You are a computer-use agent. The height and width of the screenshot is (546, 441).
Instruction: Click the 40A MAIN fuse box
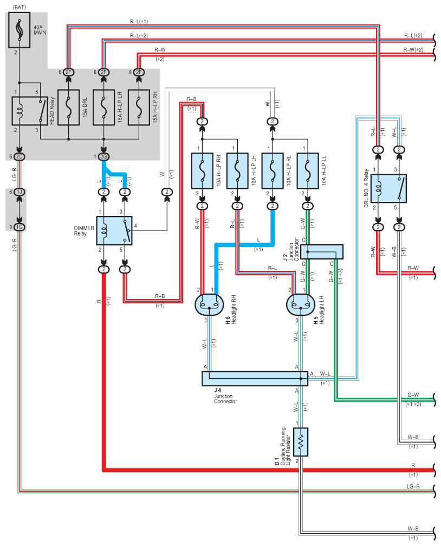[x=19, y=30]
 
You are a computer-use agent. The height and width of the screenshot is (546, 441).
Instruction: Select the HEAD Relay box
[x=30, y=111]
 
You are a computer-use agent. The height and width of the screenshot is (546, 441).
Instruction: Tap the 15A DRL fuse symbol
[x=68, y=107]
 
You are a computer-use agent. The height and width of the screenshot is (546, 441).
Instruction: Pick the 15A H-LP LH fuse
[x=103, y=107]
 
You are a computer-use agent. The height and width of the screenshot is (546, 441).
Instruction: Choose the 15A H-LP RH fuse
[x=139, y=107]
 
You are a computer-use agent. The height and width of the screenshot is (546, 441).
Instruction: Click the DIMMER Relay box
[x=114, y=231]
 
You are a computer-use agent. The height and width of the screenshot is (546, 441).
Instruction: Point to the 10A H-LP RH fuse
[x=202, y=170]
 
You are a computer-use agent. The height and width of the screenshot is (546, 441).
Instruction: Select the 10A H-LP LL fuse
[x=308, y=170]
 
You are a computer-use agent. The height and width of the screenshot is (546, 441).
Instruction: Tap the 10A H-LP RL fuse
[x=273, y=170]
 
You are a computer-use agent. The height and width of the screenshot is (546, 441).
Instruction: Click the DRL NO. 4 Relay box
[x=388, y=188]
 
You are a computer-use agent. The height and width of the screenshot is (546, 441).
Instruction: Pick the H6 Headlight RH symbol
[x=209, y=304]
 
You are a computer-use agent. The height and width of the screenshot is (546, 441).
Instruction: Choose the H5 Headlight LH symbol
[x=301, y=304]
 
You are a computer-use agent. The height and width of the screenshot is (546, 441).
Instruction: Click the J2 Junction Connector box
[x=322, y=252]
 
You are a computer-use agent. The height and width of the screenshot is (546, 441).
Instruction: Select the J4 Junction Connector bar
[x=255, y=378]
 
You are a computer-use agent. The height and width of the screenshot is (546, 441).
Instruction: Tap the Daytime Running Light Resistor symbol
[x=301, y=442]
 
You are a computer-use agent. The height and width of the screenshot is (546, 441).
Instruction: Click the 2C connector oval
[x=19, y=157]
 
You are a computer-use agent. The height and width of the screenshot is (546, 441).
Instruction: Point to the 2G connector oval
[x=103, y=157]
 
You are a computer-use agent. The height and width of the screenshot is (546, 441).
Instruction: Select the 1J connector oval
[x=19, y=192]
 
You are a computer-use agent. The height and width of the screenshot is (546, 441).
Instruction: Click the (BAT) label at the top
[x=19, y=7]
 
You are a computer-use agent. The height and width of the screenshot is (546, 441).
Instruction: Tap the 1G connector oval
[x=19, y=227]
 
